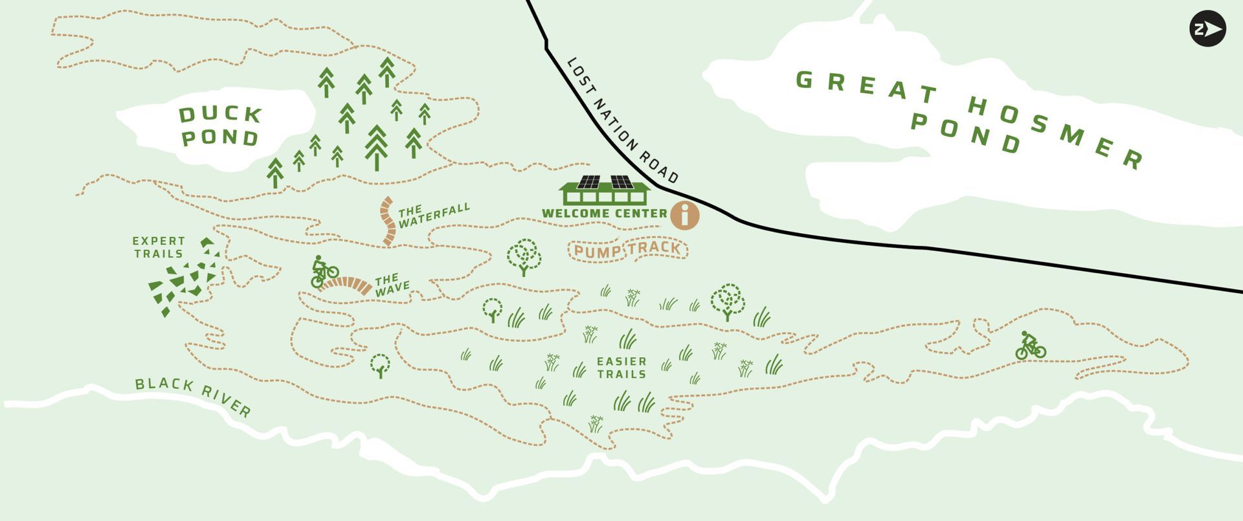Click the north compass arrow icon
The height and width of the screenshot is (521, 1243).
(x=1207, y=29)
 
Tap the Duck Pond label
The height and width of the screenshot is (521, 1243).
(x=220, y=126)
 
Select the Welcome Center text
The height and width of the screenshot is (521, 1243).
(x=604, y=214)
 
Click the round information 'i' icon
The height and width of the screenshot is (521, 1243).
(x=684, y=215)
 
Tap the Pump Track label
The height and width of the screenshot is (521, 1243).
(x=627, y=250)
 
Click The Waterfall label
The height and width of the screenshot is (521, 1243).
(x=433, y=216)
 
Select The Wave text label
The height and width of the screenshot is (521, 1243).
(x=392, y=285)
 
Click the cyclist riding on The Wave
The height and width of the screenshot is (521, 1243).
(x=323, y=271)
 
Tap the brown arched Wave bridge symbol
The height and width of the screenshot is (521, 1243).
(x=348, y=285)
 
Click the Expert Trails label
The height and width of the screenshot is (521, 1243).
(x=159, y=247)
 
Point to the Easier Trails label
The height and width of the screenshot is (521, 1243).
(x=621, y=368)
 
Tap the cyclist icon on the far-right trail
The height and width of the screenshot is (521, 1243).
(x=1029, y=346)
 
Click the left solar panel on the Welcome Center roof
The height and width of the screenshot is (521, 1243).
(x=588, y=182)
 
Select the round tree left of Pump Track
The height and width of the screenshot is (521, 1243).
(x=524, y=257)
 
